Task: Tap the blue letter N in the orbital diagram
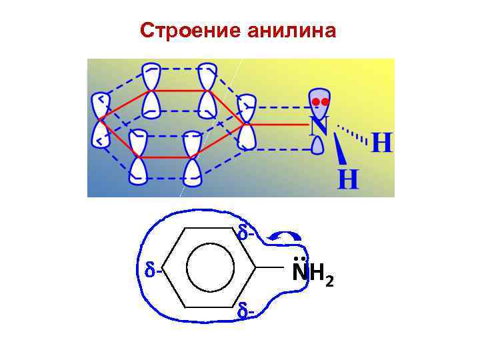pos(319,125)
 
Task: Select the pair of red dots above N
pos(321,101)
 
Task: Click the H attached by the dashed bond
pos(381,142)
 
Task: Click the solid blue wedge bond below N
pos(339,151)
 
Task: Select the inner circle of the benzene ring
pos(210,269)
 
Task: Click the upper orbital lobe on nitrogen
pos(321,101)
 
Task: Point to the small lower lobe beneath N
pos(319,144)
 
